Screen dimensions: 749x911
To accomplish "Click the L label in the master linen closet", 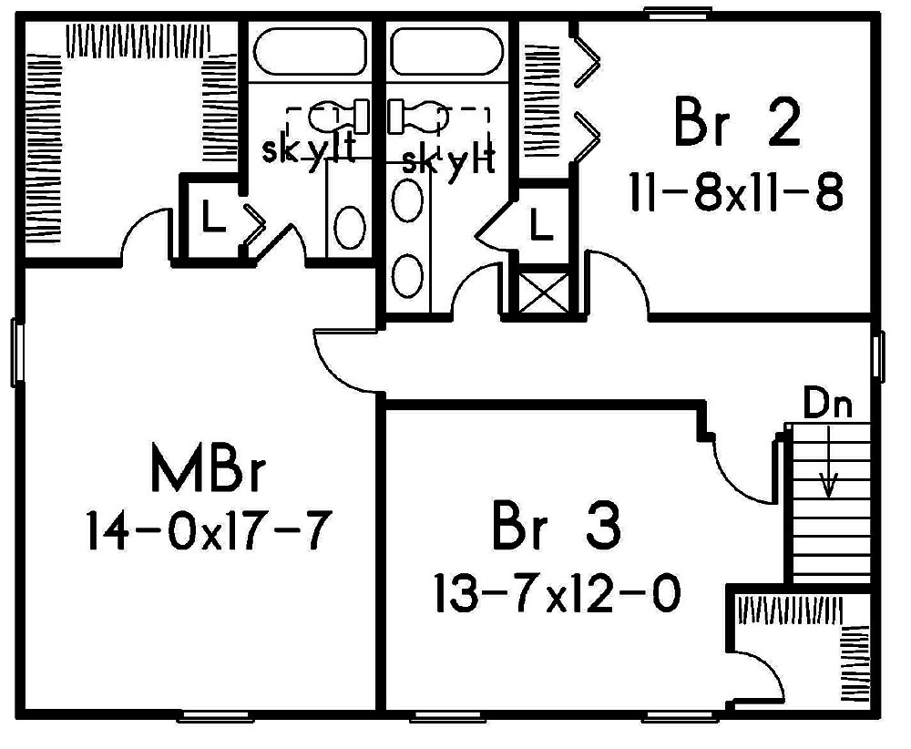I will (212, 220).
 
